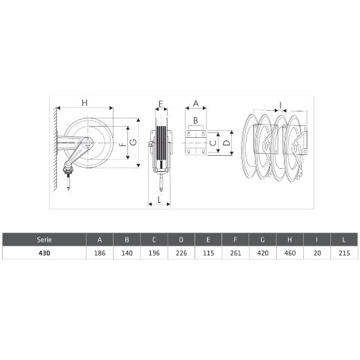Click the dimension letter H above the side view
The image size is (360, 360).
point(84,102)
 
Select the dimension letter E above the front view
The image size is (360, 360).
point(161,104)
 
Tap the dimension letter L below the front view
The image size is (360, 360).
point(159,199)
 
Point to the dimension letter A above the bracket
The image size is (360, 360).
point(196,103)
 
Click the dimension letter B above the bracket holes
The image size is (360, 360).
point(195,120)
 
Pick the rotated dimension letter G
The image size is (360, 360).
point(133,143)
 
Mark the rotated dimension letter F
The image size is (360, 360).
point(123,145)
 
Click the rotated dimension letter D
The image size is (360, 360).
point(227,143)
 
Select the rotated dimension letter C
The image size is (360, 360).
point(213,143)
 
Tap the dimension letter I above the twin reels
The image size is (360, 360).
point(280,105)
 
